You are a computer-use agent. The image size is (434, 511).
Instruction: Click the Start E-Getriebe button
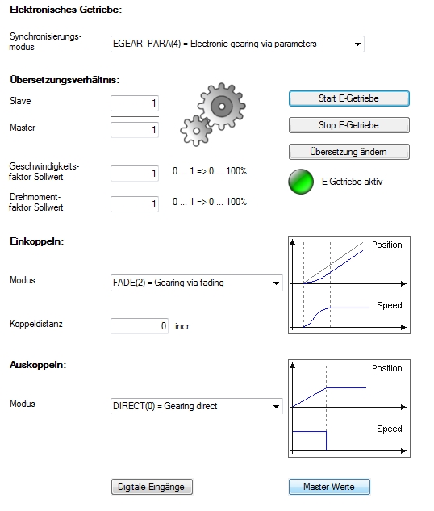tap(349, 98)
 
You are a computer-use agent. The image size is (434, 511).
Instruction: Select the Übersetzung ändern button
tap(349, 152)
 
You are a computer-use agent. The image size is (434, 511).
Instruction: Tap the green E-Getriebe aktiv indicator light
tap(301, 182)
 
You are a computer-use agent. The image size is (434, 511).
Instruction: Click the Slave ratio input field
tap(135, 103)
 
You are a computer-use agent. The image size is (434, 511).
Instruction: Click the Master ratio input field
tap(135, 130)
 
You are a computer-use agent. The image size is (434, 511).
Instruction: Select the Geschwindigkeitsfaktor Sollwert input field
tap(135, 173)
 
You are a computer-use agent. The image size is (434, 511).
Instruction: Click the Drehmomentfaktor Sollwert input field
tap(135, 204)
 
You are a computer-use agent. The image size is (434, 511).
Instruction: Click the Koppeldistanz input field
tap(140, 326)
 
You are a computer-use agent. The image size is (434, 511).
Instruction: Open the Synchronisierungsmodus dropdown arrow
tap(357, 44)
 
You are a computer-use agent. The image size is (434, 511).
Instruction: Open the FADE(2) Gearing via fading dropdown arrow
tap(276, 283)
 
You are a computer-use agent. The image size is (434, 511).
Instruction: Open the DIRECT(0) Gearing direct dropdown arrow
tap(276, 406)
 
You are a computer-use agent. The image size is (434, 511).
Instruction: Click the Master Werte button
tap(329, 487)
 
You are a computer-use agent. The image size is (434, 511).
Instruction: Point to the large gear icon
tap(222, 107)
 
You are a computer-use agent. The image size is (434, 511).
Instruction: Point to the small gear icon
tap(196, 131)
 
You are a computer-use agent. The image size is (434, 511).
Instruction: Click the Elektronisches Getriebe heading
tap(66, 10)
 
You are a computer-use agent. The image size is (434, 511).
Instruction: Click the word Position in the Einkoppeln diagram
tap(386, 245)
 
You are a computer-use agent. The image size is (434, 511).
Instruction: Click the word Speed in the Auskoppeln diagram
tap(390, 429)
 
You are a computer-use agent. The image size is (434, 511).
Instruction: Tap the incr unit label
tap(182, 326)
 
